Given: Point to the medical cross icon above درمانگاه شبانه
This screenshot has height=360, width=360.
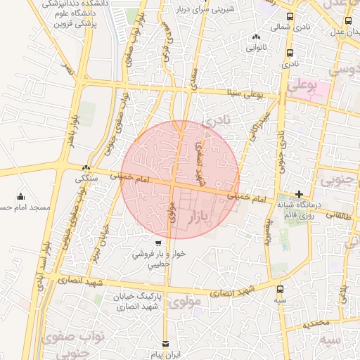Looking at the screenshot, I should [299, 193].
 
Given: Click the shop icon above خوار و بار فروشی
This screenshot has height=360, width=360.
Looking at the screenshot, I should [157, 244].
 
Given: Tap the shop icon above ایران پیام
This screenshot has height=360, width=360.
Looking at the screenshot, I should [166, 344].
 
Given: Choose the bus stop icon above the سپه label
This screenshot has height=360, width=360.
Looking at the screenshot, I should [281, 288].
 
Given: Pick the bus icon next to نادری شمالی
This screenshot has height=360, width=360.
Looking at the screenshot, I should [290, 16].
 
